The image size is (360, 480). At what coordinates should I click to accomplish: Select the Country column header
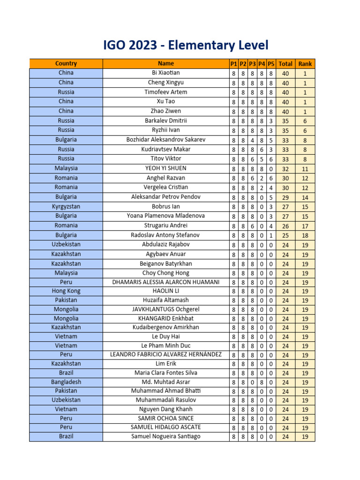(66, 64)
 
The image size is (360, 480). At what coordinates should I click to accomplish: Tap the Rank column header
(305, 64)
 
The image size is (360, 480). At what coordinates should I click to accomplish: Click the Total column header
(285, 64)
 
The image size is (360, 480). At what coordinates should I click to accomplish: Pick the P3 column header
(252, 64)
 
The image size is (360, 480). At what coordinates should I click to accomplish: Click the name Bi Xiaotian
(165, 73)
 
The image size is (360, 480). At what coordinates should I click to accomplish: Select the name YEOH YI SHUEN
(165, 168)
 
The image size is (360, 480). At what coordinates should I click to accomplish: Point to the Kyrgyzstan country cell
(66, 206)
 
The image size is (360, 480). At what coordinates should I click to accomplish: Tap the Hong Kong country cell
(66, 291)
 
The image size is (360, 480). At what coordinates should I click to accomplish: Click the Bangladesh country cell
(66, 382)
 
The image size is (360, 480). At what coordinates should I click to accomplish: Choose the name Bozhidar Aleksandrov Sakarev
(165, 140)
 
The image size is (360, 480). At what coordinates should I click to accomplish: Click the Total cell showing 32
(285, 169)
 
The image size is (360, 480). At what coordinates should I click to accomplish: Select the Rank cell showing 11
(305, 169)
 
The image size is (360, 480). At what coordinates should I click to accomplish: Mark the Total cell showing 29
(285, 197)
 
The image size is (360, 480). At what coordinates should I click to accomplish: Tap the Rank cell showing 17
(305, 225)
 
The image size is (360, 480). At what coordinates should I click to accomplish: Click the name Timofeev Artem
(165, 92)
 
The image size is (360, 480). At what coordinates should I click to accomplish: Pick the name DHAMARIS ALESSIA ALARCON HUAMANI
(165, 282)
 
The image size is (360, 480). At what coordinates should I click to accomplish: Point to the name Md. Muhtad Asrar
(165, 382)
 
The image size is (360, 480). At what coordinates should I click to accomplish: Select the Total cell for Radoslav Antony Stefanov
(285, 235)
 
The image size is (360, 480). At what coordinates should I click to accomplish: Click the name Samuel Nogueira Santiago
(165, 436)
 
